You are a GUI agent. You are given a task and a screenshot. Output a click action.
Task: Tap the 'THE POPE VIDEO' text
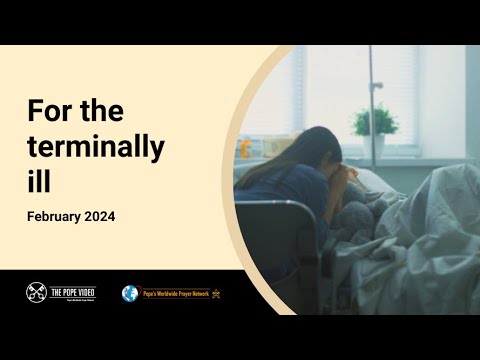tap(72, 292)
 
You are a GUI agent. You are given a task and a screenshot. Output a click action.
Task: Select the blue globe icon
tap(130, 293)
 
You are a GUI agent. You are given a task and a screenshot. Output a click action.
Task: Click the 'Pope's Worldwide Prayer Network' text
tap(175, 293)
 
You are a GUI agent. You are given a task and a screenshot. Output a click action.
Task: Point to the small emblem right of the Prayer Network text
tap(216, 293)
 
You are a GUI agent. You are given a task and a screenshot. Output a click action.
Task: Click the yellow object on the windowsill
tap(246, 149)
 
